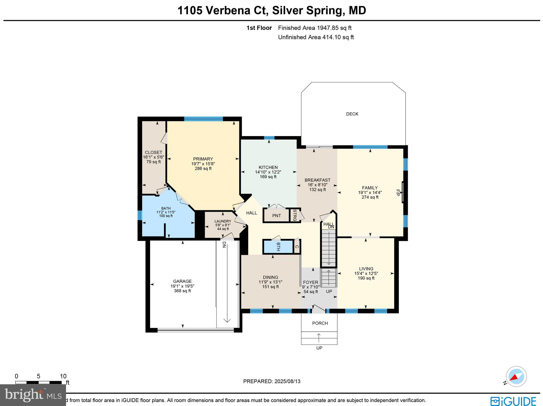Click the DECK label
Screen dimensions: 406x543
pos(352,114)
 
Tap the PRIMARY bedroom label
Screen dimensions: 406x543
pos(203,159)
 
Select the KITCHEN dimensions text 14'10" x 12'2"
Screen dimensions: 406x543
pos(268,172)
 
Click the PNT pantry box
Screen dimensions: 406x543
pos(276,216)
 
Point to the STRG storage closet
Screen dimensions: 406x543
pos(295,215)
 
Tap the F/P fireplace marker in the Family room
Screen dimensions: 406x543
pos(398,192)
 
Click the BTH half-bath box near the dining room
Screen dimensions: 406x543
pos(278,247)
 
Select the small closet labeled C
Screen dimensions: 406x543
pos(297,247)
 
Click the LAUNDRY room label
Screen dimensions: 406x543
pos(223,221)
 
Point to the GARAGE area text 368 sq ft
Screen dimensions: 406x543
pos(182,291)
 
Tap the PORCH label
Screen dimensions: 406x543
pos(320,323)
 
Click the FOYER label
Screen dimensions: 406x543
pos(310,282)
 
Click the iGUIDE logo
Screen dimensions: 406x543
pos(513,401)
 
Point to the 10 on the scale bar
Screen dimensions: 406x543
pos(63,376)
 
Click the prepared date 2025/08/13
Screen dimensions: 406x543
pos(287,381)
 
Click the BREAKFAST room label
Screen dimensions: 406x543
pos(317,180)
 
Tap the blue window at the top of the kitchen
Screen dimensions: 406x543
pos(269,137)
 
